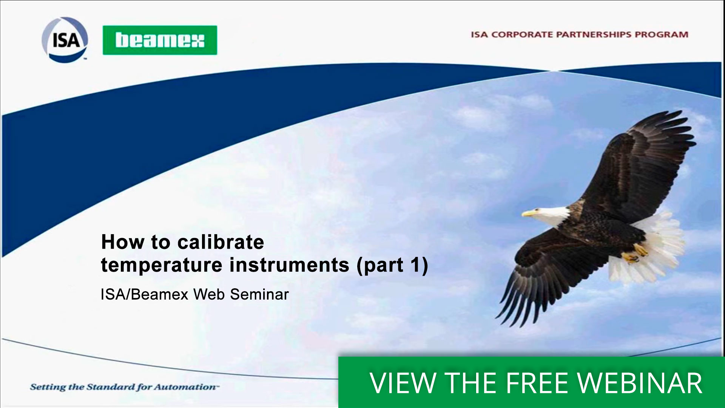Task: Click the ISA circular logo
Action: click(x=65, y=39)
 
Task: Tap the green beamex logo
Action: click(x=160, y=40)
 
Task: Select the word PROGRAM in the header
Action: click(x=662, y=34)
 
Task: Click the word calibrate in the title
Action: click(x=221, y=242)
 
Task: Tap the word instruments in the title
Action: click(x=289, y=265)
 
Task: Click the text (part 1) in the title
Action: click(x=392, y=265)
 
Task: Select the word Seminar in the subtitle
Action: click(x=259, y=294)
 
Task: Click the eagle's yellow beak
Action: click(x=529, y=213)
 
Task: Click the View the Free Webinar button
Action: click(x=531, y=382)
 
